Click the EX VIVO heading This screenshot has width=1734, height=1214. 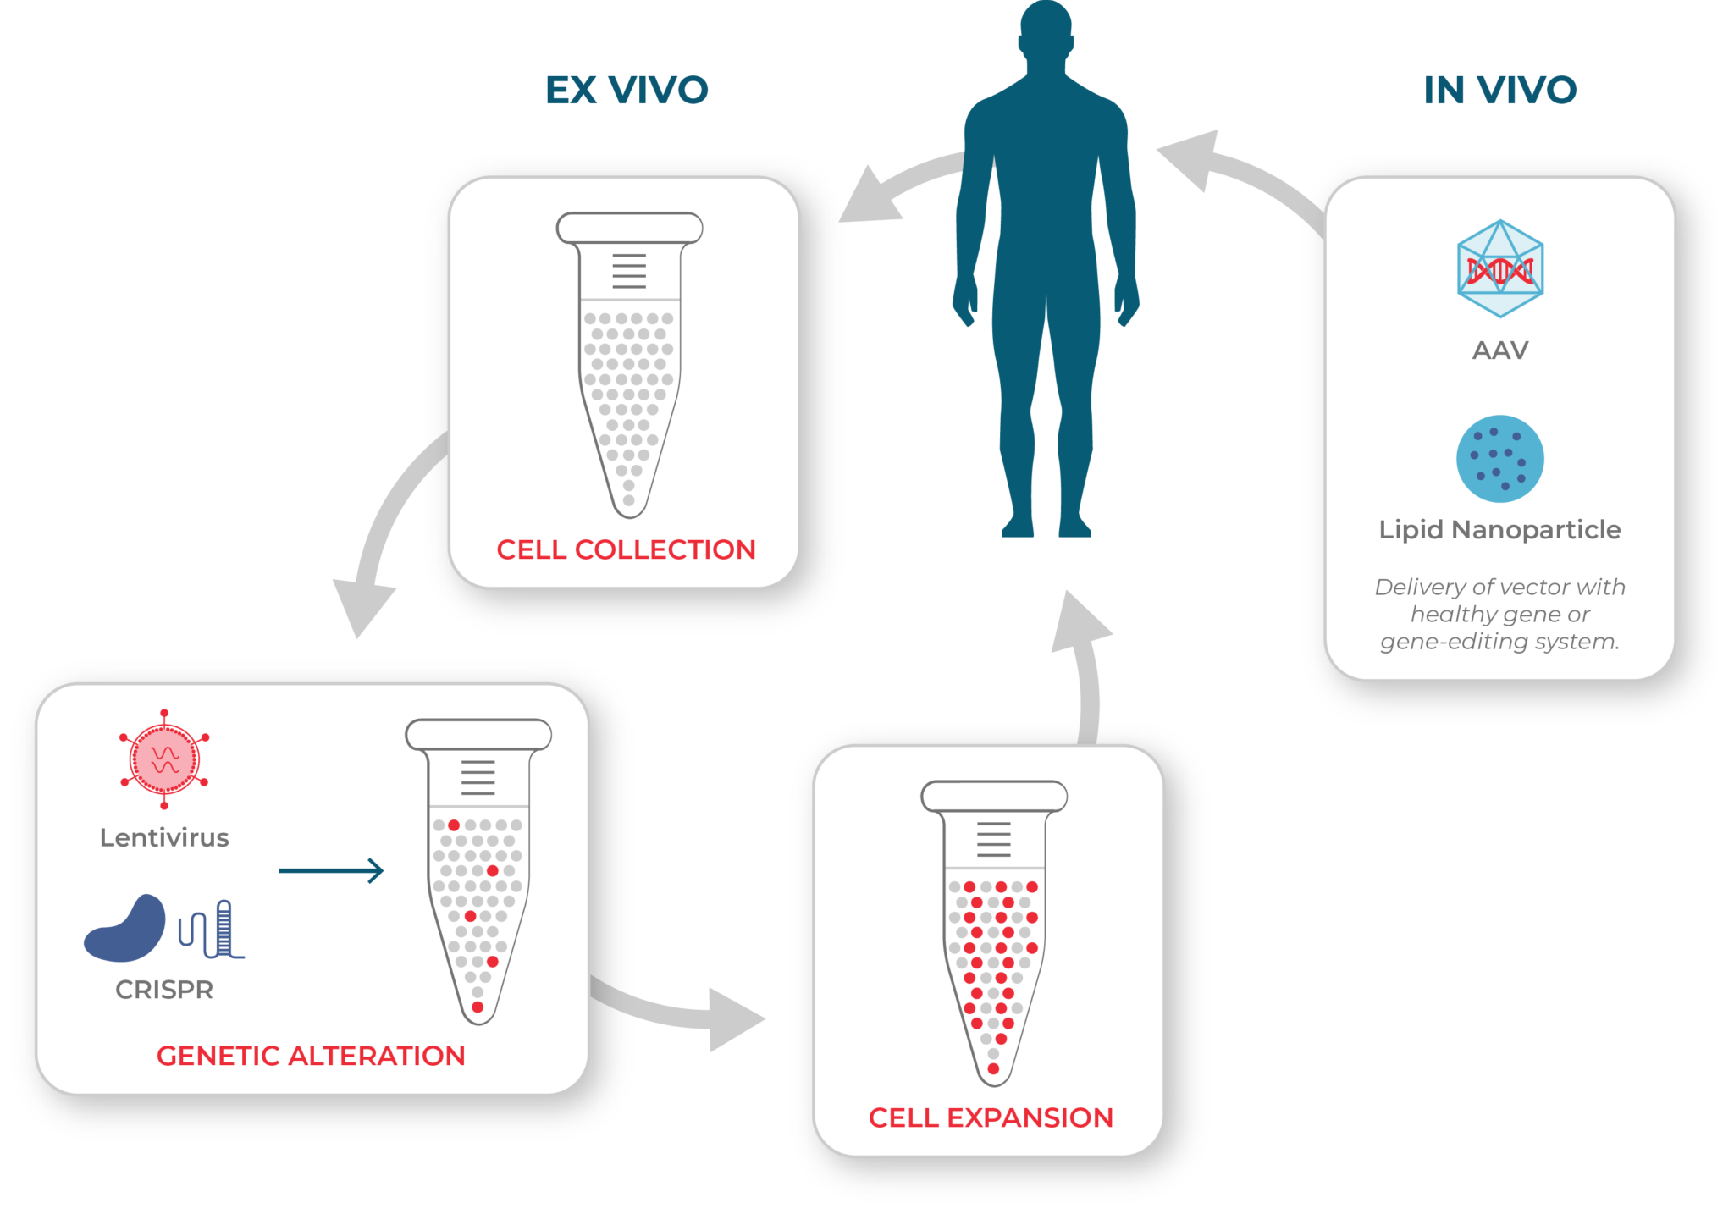[627, 90]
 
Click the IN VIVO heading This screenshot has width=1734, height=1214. [1499, 90]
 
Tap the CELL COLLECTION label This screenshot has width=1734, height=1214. [626, 549]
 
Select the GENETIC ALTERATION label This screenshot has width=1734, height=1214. [311, 1056]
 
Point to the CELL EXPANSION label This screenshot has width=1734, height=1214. [991, 1117]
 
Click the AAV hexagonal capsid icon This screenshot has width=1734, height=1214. [1499, 269]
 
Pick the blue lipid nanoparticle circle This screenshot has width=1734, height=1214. [1499, 458]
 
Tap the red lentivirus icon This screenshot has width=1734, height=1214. [164, 759]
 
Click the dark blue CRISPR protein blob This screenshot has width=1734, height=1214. [127, 930]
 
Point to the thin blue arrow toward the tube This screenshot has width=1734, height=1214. [331, 870]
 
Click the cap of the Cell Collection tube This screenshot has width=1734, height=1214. [629, 228]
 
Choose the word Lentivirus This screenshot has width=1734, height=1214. [164, 837]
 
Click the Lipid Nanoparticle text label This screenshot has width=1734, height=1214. [1499, 529]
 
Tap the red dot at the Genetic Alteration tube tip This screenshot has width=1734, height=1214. [478, 1007]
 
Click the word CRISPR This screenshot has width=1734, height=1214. [164, 989]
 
